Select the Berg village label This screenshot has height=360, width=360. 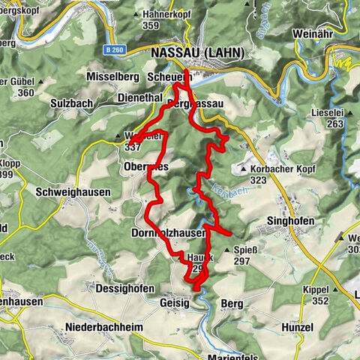(x=232, y=303)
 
